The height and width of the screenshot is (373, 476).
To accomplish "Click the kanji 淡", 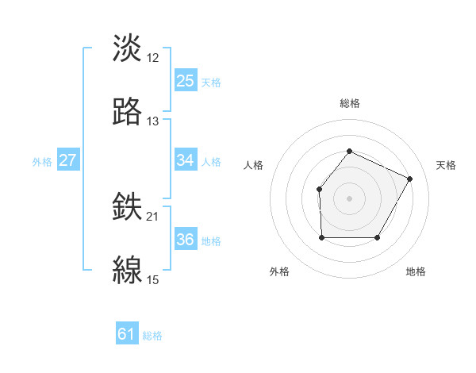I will click(x=128, y=49).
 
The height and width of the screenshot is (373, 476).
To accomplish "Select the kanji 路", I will click(x=128, y=112).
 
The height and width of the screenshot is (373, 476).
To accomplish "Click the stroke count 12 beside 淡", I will click(x=153, y=58).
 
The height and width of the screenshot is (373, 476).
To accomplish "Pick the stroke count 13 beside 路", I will click(x=153, y=121).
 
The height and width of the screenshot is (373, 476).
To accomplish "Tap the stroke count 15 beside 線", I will click(x=153, y=280).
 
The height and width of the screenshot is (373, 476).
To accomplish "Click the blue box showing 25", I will click(x=186, y=81).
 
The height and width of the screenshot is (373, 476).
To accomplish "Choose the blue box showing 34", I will click(x=186, y=160).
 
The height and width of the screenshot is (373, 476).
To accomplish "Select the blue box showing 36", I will click(x=186, y=240).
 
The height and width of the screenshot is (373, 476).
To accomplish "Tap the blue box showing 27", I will click(x=67, y=160).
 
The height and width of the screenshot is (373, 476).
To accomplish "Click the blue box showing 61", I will click(x=127, y=335).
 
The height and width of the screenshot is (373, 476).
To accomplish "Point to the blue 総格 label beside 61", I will click(x=152, y=336).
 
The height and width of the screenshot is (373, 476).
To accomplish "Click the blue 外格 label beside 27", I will click(x=42, y=161).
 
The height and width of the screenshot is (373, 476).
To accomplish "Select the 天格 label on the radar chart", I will click(x=446, y=165).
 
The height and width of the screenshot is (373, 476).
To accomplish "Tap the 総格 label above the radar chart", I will click(x=349, y=103).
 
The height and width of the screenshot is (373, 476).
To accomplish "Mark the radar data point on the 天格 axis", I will click(x=410, y=179).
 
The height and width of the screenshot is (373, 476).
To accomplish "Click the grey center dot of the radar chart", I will click(x=349, y=198).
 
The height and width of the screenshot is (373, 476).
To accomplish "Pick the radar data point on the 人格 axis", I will click(x=319, y=189).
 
